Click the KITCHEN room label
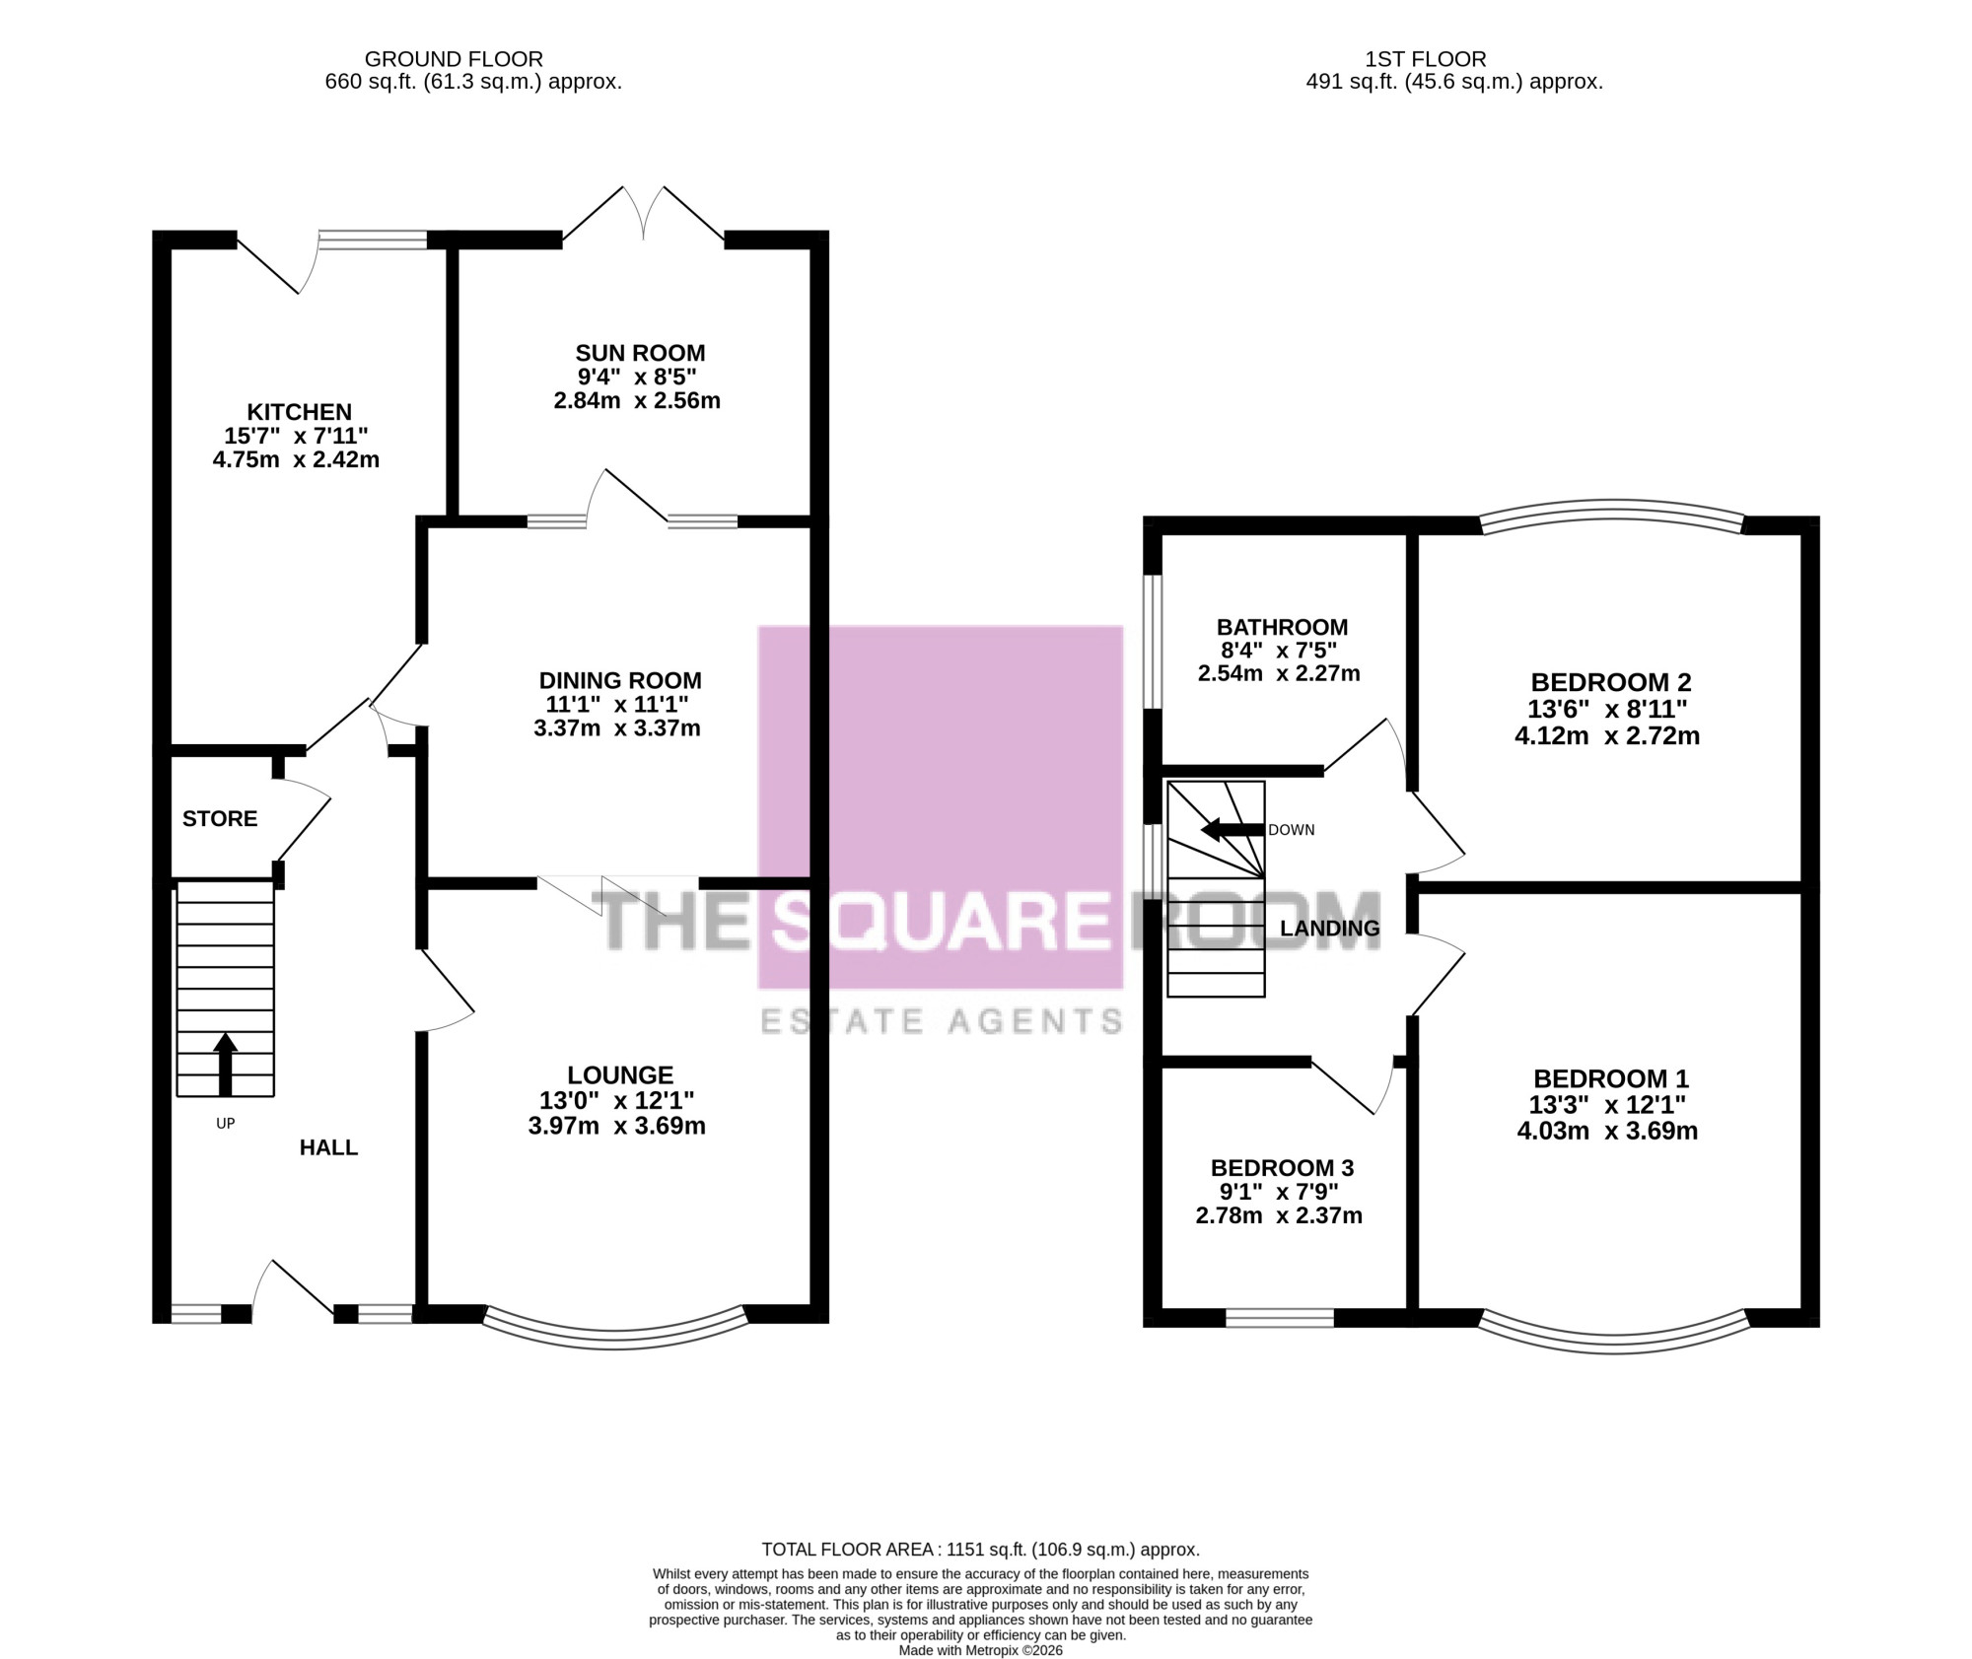[x=299, y=412]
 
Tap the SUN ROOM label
[x=640, y=353]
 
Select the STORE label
[x=220, y=818]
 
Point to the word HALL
[x=328, y=1147]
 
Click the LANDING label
[x=1329, y=929]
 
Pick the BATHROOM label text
[x=1282, y=627]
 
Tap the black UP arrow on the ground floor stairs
[x=226, y=1064]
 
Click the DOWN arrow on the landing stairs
[x=1232, y=830]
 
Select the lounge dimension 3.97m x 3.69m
[x=617, y=1126]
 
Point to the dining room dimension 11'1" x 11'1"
[x=617, y=704]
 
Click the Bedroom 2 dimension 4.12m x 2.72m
[x=1607, y=735]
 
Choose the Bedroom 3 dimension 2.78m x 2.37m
[x=1279, y=1215]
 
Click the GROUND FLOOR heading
[x=454, y=59]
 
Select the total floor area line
[x=980, y=1550]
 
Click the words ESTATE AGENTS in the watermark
[x=942, y=1021]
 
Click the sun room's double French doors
[x=643, y=213]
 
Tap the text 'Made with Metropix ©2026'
[x=980, y=1650]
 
